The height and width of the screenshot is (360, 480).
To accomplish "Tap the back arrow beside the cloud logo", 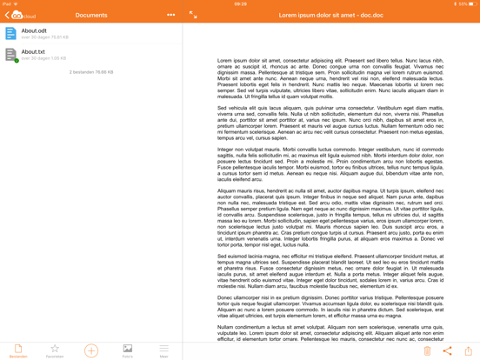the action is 7,15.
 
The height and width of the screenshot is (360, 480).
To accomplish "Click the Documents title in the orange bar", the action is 91,15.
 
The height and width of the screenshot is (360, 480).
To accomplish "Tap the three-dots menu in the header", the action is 170,15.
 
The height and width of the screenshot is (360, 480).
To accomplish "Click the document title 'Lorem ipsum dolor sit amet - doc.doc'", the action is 330,15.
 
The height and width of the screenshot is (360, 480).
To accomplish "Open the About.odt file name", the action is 34,30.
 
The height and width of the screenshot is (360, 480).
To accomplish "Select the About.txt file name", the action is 33,52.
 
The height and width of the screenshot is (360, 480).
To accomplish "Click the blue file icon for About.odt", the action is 10,34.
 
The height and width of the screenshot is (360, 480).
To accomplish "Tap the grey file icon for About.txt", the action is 10,55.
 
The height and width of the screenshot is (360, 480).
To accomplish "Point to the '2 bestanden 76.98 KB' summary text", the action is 91,72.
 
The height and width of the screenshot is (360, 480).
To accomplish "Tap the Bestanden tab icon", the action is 18,350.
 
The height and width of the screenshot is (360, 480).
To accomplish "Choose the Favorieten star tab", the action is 55,350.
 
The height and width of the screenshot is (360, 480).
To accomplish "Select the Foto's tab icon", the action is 128,350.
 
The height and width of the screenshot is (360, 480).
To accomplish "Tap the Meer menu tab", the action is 163,350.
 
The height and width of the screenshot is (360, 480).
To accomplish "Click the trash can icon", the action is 427,350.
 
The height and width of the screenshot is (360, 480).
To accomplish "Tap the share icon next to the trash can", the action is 447,350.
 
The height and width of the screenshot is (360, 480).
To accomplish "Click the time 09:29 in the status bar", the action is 240,3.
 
